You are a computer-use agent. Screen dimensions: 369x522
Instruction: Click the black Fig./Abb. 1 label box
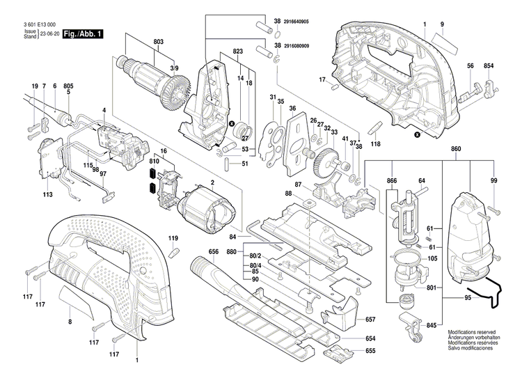tap(83, 33)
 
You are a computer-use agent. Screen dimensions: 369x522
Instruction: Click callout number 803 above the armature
tap(159, 43)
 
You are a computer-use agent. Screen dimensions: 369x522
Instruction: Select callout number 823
tap(238, 52)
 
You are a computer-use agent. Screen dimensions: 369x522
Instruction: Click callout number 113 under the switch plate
tap(47, 196)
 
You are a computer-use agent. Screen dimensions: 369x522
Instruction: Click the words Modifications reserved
tap(473, 333)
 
